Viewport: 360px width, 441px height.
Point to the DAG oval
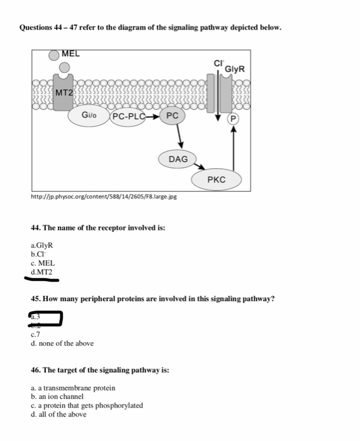click(178, 159)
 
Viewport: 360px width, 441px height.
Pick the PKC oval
click(216, 180)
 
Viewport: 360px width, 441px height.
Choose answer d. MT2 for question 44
click(42, 272)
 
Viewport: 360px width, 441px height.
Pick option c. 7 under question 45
click(37, 335)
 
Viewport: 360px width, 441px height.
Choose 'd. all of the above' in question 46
click(59, 415)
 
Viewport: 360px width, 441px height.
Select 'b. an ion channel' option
click(57, 397)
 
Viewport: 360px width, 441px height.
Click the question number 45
click(35, 299)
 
